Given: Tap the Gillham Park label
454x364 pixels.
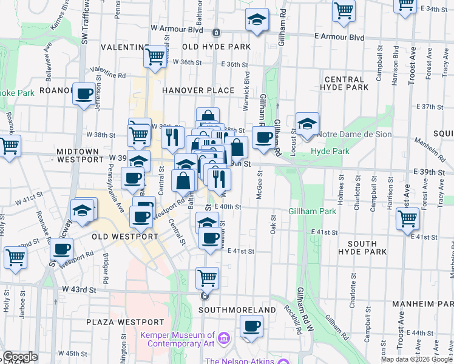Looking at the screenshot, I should click(x=312, y=211).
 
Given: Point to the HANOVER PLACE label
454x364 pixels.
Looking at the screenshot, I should click(x=198, y=90).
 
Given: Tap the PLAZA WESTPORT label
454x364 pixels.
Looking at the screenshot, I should click(x=125, y=322).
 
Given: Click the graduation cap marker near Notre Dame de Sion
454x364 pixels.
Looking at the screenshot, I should click(x=307, y=124).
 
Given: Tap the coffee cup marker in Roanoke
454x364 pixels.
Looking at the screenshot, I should click(x=84, y=94).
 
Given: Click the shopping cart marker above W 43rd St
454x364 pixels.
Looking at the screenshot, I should click(x=207, y=278).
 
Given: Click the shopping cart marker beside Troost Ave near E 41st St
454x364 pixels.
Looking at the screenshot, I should click(x=407, y=218).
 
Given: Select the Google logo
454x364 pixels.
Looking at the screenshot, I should click(x=21, y=357).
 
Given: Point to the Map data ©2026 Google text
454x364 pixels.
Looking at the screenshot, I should click(x=416, y=359).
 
